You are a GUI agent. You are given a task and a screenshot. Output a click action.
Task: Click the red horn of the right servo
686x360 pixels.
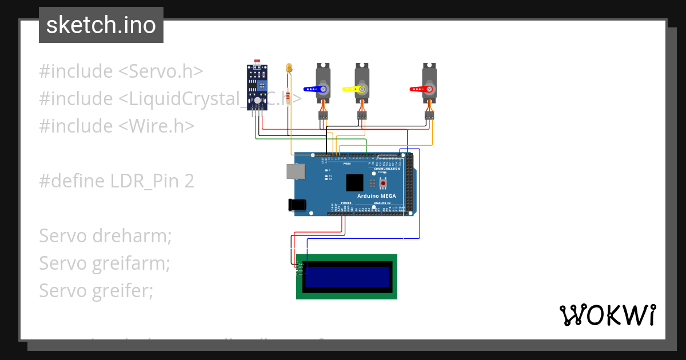(420, 90)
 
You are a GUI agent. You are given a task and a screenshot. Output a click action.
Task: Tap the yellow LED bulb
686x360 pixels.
(290, 69)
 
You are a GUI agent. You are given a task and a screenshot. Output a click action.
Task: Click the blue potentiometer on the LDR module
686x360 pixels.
(262, 86)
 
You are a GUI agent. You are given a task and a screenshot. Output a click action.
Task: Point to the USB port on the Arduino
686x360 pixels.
(296, 171)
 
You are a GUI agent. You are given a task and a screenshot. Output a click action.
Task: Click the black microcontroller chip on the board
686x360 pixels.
(354, 183)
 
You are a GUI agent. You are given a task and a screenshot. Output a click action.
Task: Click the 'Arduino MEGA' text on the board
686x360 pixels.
(377, 196)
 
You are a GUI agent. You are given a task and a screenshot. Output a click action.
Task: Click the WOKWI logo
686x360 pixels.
(607, 315)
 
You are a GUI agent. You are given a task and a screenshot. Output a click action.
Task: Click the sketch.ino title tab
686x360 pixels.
(101, 25)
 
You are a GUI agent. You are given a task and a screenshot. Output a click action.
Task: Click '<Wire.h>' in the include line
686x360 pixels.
(156, 126)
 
